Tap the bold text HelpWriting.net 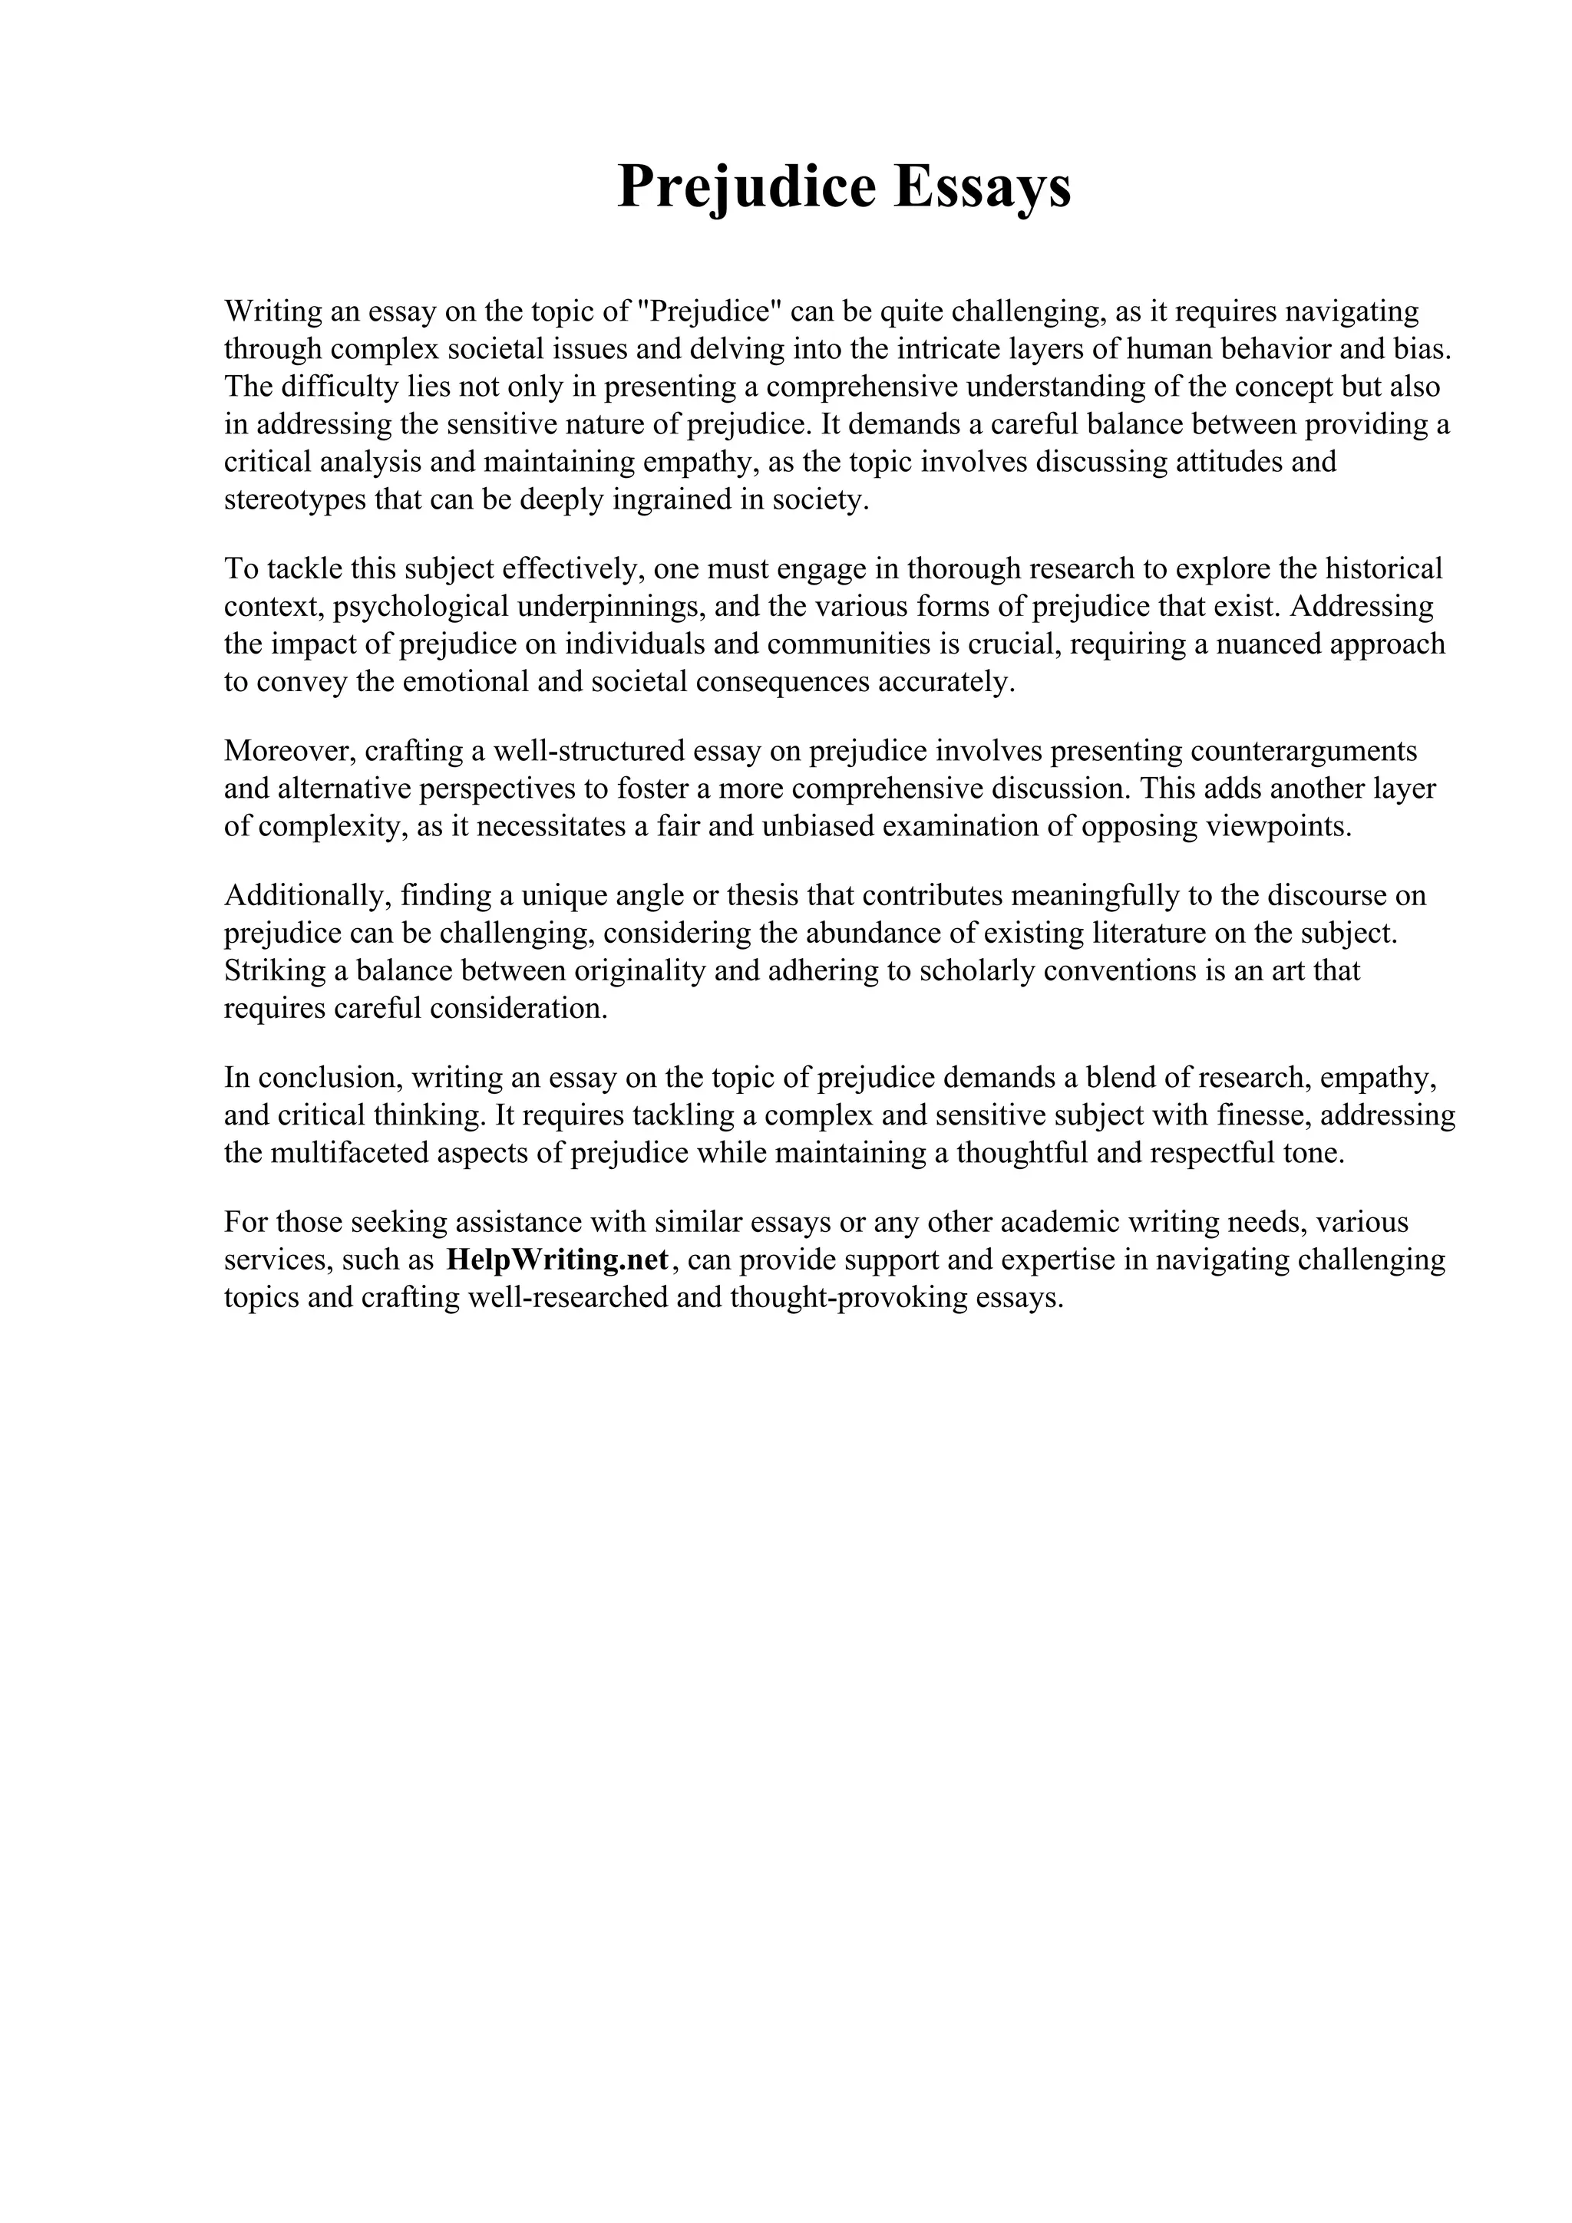pyautogui.click(x=558, y=1260)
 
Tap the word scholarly pyautogui.click(x=973, y=970)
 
